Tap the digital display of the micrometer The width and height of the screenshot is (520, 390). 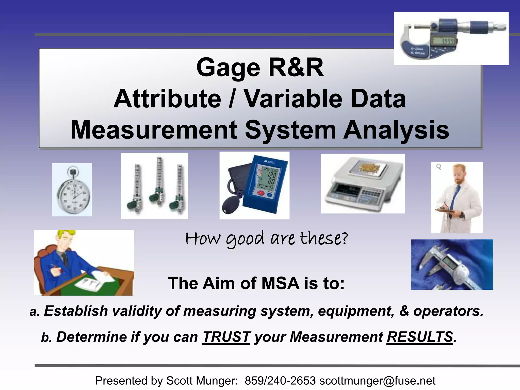(x=445, y=41)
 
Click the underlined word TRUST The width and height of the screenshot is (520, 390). (x=226, y=337)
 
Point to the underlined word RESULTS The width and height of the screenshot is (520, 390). (x=420, y=337)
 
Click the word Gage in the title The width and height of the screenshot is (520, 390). (x=228, y=68)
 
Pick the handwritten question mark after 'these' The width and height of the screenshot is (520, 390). (x=344, y=239)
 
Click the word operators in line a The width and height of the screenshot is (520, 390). (x=448, y=311)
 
